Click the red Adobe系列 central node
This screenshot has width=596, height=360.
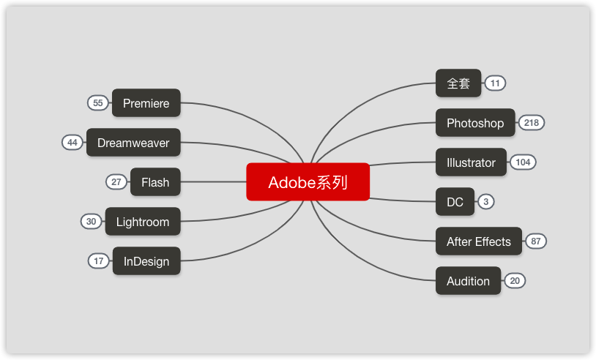click(308, 182)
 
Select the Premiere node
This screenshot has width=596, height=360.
click(146, 103)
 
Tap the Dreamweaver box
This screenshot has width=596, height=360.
click(133, 143)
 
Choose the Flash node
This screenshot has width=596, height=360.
click(155, 182)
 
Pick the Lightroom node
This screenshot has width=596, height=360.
click(143, 222)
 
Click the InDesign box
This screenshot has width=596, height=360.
click(146, 261)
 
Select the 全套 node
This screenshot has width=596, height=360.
click(458, 83)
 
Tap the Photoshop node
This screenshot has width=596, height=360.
click(475, 123)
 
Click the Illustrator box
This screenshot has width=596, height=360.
click(471, 162)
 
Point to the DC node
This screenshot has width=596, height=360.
click(455, 202)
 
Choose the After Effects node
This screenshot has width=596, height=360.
click(479, 241)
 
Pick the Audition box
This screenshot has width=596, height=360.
click(468, 281)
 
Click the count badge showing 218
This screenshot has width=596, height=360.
click(532, 123)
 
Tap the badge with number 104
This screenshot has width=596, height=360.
click(523, 162)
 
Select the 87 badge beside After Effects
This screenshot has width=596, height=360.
click(536, 241)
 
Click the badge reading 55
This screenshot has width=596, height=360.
click(98, 103)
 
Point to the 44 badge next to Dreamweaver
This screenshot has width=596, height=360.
click(72, 143)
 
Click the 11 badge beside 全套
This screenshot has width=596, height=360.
click(495, 83)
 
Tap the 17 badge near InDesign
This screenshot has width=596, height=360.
click(99, 261)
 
